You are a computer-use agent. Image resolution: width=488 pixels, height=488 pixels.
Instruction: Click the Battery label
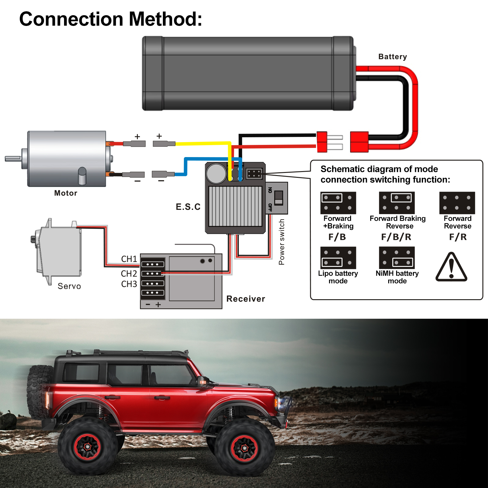pyautogui.click(x=393, y=57)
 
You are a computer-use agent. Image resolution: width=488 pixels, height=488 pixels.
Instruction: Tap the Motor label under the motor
pyautogui.click(x=66, y=193)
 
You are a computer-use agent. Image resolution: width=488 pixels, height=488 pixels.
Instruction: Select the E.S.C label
pyautogui.click(x=188, y=207)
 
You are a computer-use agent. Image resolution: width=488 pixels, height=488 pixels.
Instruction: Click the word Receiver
pyautogui.click(x=246, y=299)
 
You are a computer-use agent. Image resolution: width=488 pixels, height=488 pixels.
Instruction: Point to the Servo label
pyautogui.click(x=69, y=286)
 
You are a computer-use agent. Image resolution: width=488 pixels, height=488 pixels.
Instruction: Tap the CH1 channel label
pyautogui.click(x=129, y=259)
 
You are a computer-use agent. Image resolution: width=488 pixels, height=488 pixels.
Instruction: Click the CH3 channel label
pyautogui.click(x=129, y=284)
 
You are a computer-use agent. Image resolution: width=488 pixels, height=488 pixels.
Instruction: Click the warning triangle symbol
pyautogui.click(x=451, y=267)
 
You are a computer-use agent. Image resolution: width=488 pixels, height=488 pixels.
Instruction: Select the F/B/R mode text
pyautogui.click(x=396, y=237)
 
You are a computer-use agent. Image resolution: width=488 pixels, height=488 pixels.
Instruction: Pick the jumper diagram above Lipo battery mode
pyautogui.click(x=338, y=257)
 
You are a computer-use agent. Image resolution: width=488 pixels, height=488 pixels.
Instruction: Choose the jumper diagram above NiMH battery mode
pyautogui.click(x=396, y=257)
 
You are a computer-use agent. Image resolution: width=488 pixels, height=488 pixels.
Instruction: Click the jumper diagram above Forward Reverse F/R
pyautogui.click(x=457, y=203)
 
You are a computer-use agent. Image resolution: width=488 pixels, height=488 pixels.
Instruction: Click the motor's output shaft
pyautogui.click(x=13, y=159)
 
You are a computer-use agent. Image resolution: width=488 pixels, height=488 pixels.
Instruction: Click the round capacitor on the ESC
pyautogui.click(x=216, y=173)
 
